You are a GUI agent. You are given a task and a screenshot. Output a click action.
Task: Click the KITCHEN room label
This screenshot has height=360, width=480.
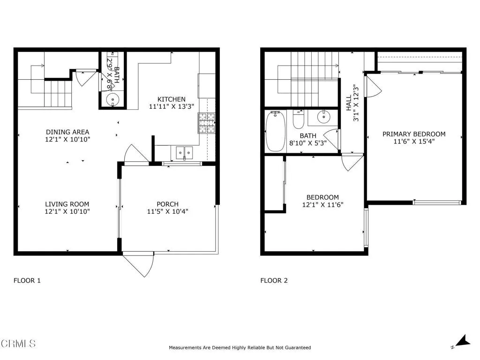(171, 99)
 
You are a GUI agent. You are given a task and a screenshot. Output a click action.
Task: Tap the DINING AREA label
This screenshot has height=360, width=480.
(67, 132)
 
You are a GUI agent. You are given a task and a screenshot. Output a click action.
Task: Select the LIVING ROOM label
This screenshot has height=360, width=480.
(67, 204)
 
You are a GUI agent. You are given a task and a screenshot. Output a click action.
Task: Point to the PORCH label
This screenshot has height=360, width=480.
(167, 204)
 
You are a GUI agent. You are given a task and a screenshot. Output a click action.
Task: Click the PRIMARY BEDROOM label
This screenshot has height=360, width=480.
(414, 134)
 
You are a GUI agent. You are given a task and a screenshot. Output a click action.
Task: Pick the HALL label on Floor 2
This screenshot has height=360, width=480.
(349, 104)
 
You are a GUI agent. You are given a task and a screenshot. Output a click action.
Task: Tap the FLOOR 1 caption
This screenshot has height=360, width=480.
(27, 281)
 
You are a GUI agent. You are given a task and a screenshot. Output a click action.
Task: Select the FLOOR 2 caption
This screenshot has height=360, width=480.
(274, 281)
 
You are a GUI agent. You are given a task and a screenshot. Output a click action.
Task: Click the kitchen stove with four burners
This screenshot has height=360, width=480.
(206, 123)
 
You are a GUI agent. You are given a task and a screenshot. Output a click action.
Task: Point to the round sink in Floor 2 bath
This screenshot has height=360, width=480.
(324, 117)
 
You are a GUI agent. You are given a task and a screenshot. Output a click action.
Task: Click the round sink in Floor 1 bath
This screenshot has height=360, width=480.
(112, 99)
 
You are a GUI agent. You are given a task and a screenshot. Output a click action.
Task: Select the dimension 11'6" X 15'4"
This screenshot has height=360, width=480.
(414, 142)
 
